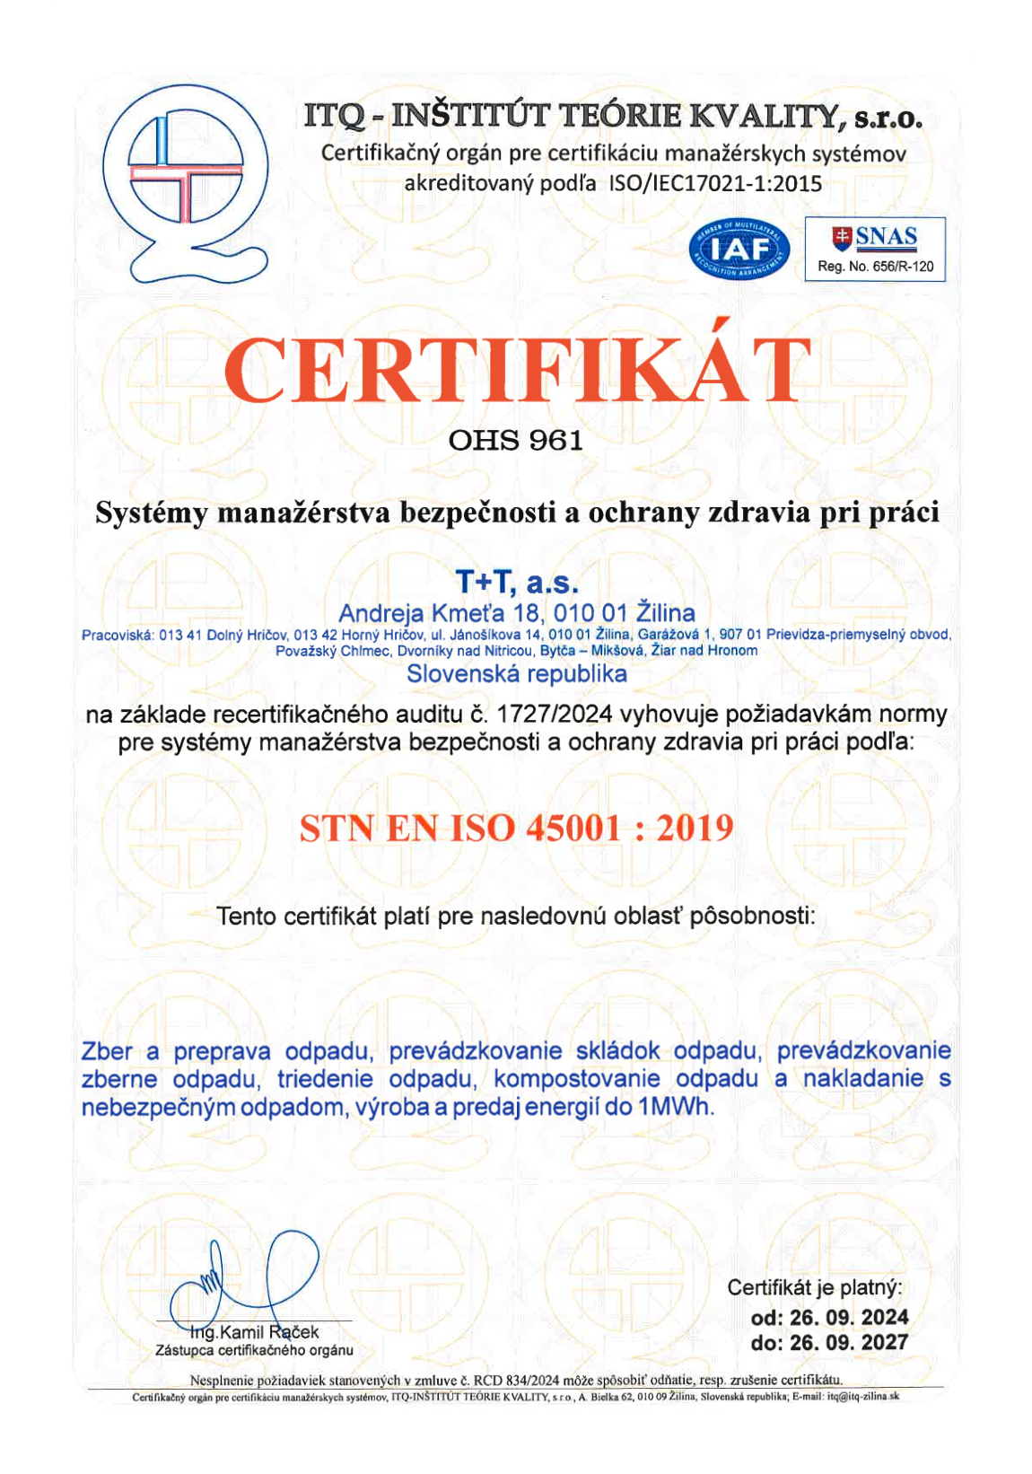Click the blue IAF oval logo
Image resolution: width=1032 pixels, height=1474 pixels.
tap(739, 249)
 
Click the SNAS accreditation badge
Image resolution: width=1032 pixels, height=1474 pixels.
tap(874, 248)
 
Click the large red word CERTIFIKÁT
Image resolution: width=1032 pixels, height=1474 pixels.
tap(517, 370)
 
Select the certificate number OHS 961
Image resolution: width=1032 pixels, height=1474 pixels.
tap(515, 440)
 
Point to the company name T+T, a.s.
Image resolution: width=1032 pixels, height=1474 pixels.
tap(517, 583)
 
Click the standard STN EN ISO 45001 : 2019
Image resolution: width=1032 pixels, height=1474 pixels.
tap(516, 827)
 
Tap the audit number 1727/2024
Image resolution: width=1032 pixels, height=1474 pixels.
tap(555, 714)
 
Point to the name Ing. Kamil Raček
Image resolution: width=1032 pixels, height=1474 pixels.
tap(256, 1332)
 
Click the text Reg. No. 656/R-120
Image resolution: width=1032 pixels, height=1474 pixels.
tap(875, 267)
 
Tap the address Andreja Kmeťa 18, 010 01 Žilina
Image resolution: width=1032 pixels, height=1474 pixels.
tap(517, 613)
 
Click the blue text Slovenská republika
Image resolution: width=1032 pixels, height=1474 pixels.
tap(517, 674)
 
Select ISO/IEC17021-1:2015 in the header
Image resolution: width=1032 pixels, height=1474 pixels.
tap(715, 184)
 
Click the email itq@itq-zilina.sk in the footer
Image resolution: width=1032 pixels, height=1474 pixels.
tap(862, 1397)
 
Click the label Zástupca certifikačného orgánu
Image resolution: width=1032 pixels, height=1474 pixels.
tap(254, 1350)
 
